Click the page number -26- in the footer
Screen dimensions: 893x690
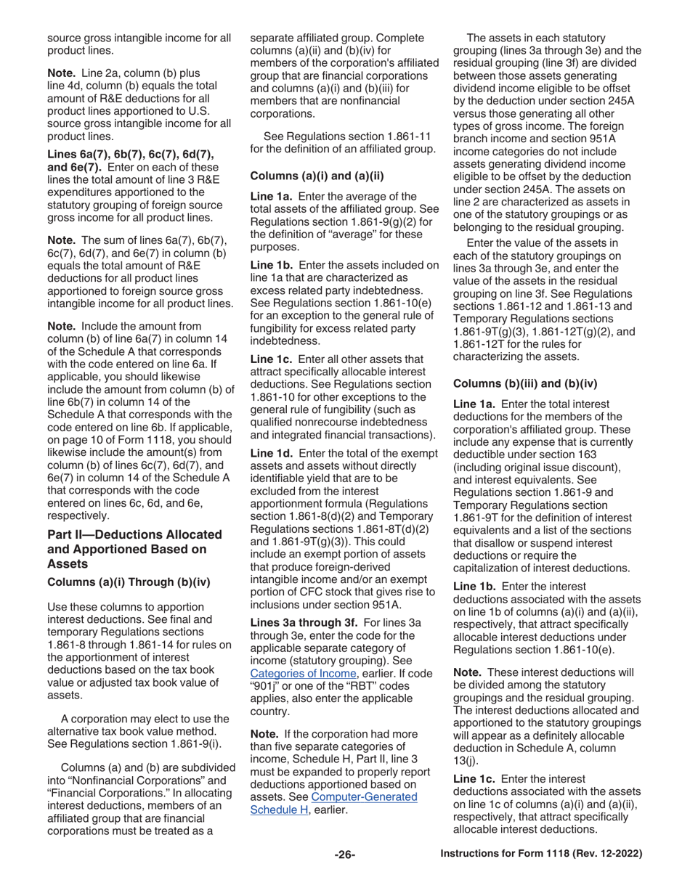[x=344, y=855]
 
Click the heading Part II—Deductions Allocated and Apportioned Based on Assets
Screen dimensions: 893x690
[x=134, y=549]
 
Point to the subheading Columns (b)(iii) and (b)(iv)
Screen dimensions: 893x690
[x=525, y=383]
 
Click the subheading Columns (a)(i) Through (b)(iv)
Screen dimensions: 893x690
[x=129, y=582]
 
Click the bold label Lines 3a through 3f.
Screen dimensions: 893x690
[x=304, y=622]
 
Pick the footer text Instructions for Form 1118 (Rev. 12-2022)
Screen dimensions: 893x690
[x=541, y=854]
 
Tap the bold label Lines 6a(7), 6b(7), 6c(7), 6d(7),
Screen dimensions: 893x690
[x=130, y=154]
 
